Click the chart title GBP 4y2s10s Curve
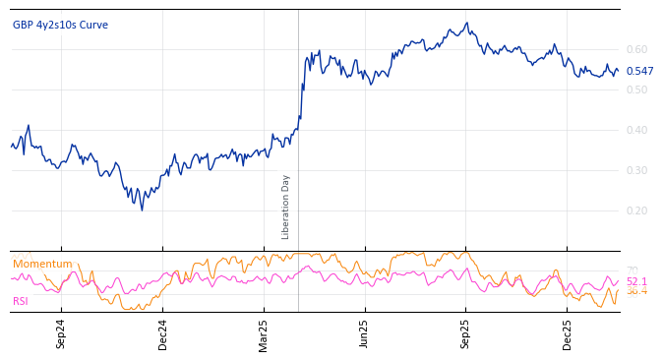click(x=60, y=25)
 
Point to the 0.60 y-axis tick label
click(x=636, y=49)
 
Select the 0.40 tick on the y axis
click(x=636, y=130)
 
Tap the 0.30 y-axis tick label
click(x=636, y=170)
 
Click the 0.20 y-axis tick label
click(x=636, y=210)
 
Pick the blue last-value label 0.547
click(x=639, y=71)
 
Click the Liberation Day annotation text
click(x=286, y=207)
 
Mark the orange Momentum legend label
click(x=42, y=264)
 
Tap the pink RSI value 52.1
click(x=636, y=281)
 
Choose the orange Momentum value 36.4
click(x=636, y=291)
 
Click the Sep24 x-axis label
click(x=61, y=333)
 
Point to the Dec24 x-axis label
click(x=163, y=333)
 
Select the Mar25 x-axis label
click(x=264, y=333)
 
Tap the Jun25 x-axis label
click(x=365, y=333)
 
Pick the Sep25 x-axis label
click(x=466, y=333)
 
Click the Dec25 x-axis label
click(x=568, y=333)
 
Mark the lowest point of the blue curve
click(x=142, y=210)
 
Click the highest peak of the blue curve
click(x=467, y=23)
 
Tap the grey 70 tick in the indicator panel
click(x=632, y=270)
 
